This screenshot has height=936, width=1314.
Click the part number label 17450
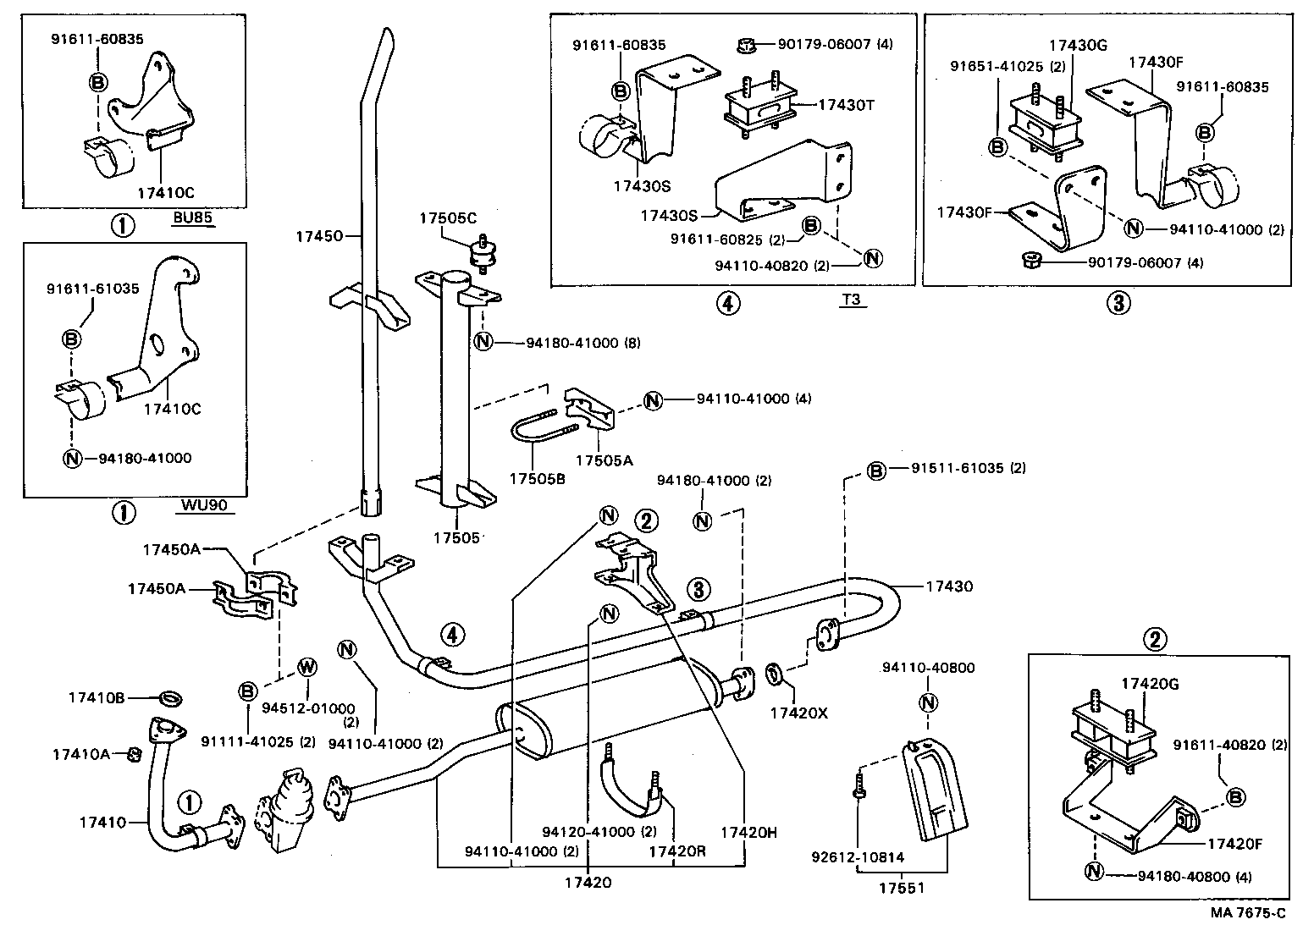[x=318, y=236]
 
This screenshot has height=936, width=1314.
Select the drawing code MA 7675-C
[x=1246, y=912]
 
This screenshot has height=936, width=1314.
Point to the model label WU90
[x=202, y=506]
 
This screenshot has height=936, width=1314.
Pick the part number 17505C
[x=448, y=217]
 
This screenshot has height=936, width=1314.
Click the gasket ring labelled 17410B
[x=171, y=698]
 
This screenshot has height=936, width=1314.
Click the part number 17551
[x=901, y=888]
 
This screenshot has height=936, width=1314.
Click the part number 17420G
[x=1150, y=683]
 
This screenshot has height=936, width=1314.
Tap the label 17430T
[x=846, y=105]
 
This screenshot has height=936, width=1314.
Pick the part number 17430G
[x=1078, y=47]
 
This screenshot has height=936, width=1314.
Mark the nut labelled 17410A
[x=134, y=754]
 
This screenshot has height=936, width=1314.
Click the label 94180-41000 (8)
[x=583, y=343]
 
